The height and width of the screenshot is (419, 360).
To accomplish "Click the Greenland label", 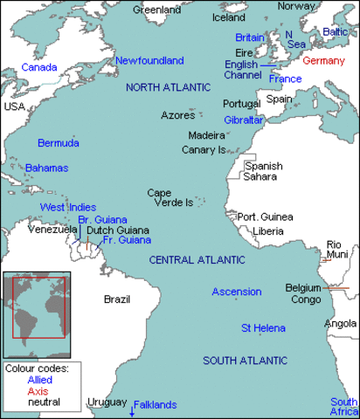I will click(x=156, y=10).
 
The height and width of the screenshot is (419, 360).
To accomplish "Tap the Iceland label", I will click(x=229, y=17).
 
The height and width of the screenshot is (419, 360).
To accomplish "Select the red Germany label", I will click(x=324, y=61).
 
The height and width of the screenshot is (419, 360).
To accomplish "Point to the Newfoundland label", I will click(x=149, y=61).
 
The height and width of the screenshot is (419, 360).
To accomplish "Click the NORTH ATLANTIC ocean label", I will click(x=168, y=87).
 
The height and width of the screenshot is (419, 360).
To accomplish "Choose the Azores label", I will click(x=178, y=115).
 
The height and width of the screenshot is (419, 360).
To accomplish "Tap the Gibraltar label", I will click(x=244, y=119).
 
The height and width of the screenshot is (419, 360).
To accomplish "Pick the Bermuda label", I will click(x=59, y=142).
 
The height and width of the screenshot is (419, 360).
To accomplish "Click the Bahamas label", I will click(x=46, y=167).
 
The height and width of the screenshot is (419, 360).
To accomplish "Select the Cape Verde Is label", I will click(x=170, y=197).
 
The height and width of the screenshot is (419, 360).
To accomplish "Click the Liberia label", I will click(x=267, y=231).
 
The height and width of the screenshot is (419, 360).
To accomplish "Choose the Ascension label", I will click(x=236, y=292).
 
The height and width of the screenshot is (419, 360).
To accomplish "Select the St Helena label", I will click(x=263, y=327).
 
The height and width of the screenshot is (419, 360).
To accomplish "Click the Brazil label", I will click(x=117, y=299).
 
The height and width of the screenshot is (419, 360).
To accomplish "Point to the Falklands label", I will click(x=156, y=404).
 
